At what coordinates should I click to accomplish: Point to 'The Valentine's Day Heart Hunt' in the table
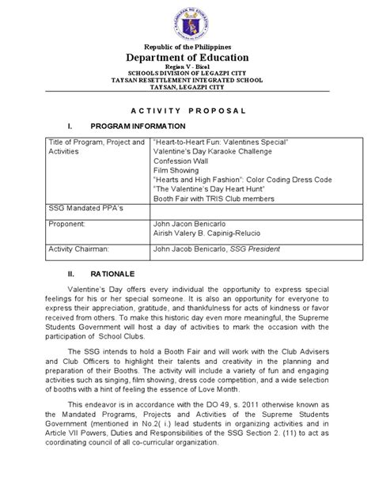click(x=203, y=189)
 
